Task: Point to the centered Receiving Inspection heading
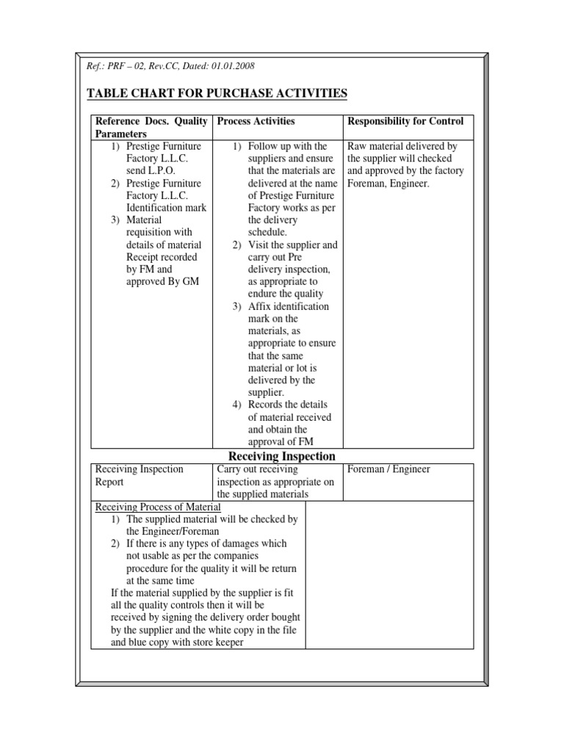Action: point(282,456)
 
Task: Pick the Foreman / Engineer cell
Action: point(388,469)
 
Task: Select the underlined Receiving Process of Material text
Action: point(159,507)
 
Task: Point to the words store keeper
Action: point(218,643)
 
